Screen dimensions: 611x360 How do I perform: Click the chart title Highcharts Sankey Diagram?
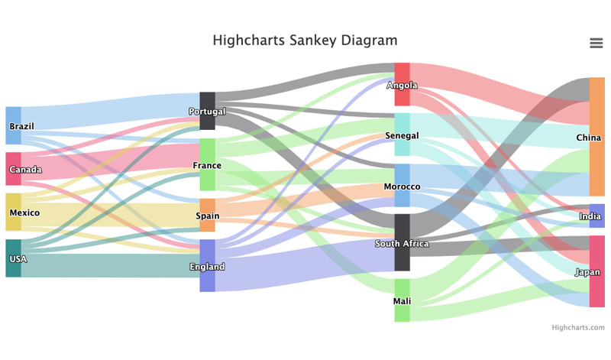305,41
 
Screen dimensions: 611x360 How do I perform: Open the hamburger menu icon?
596,43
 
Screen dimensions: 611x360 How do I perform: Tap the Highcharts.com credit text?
578,327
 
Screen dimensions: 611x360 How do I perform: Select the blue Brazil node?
13,125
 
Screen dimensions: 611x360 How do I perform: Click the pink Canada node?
13,169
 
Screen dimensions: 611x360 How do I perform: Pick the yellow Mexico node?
13,212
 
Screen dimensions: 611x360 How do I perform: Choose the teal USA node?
13,258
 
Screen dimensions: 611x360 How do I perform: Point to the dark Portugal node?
207,111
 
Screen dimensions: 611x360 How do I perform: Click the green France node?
207,164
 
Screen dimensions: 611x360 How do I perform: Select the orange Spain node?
207,216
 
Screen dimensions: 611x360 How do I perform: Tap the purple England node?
207,266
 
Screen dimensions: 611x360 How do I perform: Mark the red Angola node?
402,84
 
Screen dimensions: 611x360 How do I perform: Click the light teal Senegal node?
402,135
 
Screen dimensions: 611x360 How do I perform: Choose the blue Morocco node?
402,185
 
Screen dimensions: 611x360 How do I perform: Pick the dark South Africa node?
402,242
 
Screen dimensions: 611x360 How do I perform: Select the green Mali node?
402,300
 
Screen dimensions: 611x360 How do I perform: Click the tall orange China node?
597,137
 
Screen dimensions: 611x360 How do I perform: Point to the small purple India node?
597,216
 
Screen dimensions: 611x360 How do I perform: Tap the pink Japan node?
597,271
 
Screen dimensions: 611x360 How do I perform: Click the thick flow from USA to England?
110,266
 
